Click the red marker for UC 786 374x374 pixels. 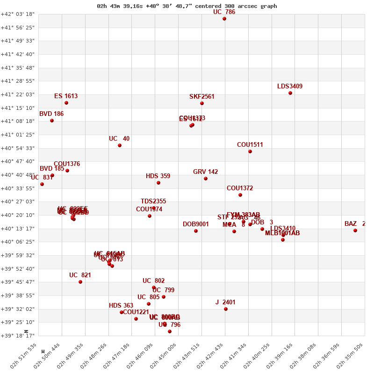coord(224,19)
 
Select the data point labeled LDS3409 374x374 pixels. coord(290,93)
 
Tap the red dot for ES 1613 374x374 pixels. coord(66,103)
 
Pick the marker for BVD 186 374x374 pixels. coord(52,121)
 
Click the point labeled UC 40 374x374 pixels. coord(120,145)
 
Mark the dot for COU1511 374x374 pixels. coord(250,151)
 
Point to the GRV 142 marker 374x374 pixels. coord(206,179)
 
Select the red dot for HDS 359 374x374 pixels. coord(158,183)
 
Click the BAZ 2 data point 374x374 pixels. coord(355,230)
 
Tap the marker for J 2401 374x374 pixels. coord(226,309)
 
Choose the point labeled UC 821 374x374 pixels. coord(80,282)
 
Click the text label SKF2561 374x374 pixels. coord(202,97)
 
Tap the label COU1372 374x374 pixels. coord(240,188)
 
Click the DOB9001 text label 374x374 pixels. coord(196,224)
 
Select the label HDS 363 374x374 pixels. coord(121,306)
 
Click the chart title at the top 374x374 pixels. coord(187,6)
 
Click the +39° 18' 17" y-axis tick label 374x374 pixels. coord(18,336)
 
